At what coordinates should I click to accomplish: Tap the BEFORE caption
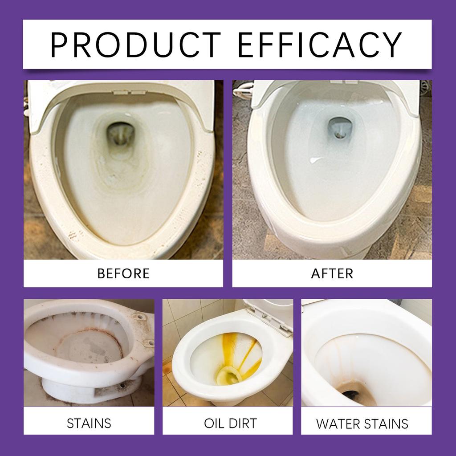click(x=123, y=273)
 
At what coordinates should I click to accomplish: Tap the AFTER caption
click(x=332, y=273)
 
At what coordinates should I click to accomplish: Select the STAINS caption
click(x=89, y=423)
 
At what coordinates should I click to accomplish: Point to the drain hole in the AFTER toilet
click(x=340, y=127)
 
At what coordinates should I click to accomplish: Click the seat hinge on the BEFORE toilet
click(x=124, y=92)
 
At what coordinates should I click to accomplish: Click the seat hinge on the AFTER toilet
click(x=345, y=82)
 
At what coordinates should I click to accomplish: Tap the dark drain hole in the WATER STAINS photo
click(x=355, y=394)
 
